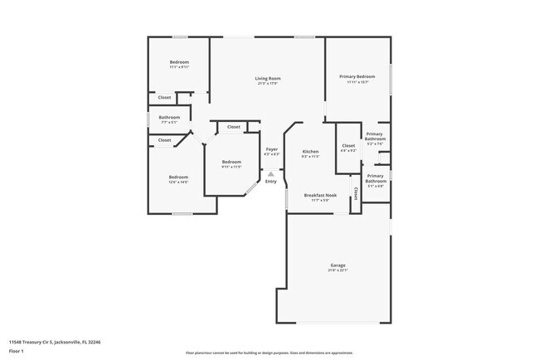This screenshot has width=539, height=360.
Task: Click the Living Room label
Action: pos(267,79)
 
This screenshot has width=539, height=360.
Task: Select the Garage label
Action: pos(337,265)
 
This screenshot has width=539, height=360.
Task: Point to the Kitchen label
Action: pos(310,151)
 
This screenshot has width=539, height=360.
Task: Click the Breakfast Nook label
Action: pos(319,195)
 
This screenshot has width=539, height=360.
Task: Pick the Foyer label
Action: pos(271,149)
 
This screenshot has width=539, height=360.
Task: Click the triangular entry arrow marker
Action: pos(270,173)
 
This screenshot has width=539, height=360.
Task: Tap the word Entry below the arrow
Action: pos(271,182)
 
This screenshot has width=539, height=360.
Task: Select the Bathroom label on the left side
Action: pos(170,118)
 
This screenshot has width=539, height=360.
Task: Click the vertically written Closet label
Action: pos(356,193)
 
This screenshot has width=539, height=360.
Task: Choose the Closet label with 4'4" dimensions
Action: pos(348,146)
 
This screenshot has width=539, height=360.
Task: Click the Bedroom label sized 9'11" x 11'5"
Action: pos(231,162)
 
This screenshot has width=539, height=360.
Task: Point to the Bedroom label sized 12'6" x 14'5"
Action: pos(178,177)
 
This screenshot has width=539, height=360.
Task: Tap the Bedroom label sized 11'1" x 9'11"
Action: pos(179,62)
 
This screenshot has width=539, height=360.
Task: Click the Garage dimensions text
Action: pos(337,270)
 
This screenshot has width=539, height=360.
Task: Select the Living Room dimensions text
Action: pos(267,84)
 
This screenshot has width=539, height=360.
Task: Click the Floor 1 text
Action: pos(17,350)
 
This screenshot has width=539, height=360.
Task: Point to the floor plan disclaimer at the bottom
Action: pos(269,353)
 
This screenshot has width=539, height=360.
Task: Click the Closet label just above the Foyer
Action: pos(234,127)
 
